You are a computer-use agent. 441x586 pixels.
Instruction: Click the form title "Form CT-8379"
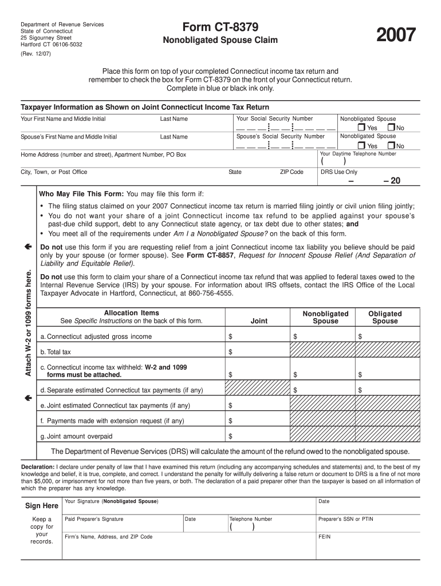click(220, 27)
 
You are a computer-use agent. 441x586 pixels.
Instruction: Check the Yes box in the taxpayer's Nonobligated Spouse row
click(361, 128)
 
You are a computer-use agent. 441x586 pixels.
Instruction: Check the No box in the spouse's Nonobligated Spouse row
click(391, 145)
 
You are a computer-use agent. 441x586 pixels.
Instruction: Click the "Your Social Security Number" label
click(274, 118)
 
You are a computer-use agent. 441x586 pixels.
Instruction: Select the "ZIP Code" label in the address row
click(292, 172)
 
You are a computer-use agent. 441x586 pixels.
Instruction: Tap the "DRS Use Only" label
click(338, 172)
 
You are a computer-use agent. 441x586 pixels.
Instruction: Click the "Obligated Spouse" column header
click(385, 317)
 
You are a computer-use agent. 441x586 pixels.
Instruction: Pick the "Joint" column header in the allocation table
click(259, 321)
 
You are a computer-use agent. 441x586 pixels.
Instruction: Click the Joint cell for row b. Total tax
click(258, 352)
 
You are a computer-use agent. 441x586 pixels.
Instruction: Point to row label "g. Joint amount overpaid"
click(76, 436)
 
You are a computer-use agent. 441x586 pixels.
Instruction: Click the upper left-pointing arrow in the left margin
click(27, 246)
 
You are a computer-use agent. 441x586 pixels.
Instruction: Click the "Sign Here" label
click(42, 506)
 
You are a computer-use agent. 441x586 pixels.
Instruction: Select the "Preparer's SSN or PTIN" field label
click(345, 519)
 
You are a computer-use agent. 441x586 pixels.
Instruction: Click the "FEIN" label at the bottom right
click(325, 537)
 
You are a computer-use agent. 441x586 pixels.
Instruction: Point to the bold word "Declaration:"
click(38, 466)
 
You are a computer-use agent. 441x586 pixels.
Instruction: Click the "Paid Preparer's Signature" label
click(94, 519)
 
